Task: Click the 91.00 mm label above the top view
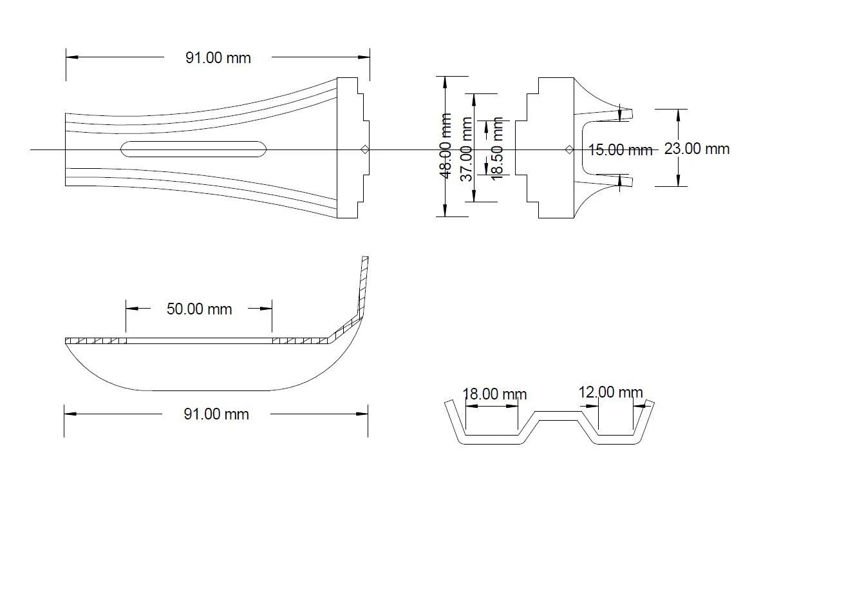tap(218, 58)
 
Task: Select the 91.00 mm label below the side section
tap(216, 414)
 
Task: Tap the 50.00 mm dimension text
tap(199, 309)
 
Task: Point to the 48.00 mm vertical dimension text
tap(446, 146)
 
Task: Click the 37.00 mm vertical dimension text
tap(467, 149)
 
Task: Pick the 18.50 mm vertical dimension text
tap(496, 149)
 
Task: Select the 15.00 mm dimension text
tap(621, 150)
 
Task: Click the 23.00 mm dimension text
tap(697, 149)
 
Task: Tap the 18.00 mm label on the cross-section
tap(494, 394)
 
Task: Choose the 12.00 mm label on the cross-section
tap(610, 392)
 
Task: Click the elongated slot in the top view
tap(194, 149)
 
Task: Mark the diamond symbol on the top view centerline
tap(364, 149)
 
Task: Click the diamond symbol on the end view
tap(569, 149)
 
